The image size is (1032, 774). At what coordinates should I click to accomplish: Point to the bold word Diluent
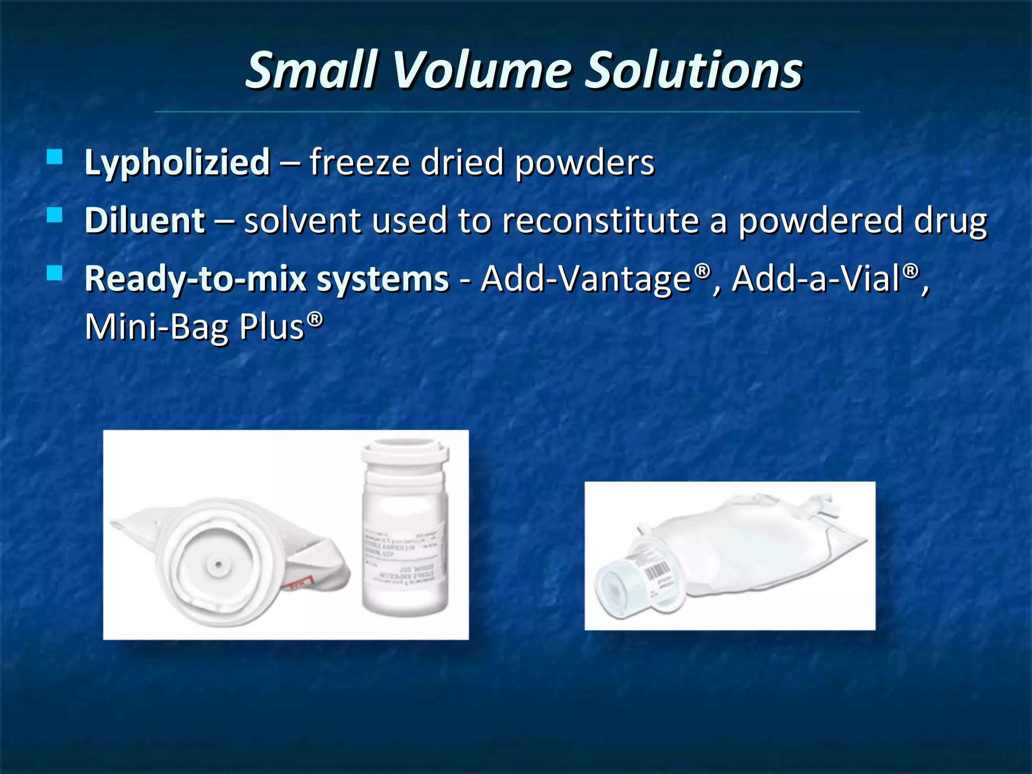pos(145,221)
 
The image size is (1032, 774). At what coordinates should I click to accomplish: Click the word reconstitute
pos(600,221)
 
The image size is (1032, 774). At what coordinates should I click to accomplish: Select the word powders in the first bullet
pos(585,163)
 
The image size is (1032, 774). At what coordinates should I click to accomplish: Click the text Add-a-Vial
pos(816,279)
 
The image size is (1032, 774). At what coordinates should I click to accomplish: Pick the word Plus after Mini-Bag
pos(272,327)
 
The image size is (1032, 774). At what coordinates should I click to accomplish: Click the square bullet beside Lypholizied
pos(54,157)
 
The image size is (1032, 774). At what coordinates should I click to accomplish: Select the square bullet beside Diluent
pos(54,215)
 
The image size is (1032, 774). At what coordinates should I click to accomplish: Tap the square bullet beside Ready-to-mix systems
pos(54,273)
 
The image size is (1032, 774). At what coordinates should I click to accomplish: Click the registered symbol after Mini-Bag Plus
pos(315,319)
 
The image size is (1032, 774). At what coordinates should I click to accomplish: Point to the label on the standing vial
pos(404,554)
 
